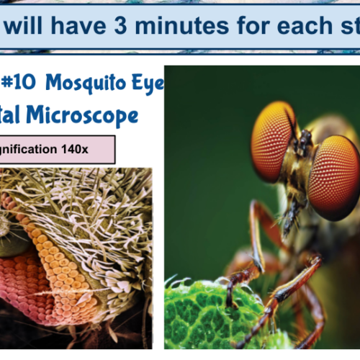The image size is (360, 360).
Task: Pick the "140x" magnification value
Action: click(73, 149)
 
